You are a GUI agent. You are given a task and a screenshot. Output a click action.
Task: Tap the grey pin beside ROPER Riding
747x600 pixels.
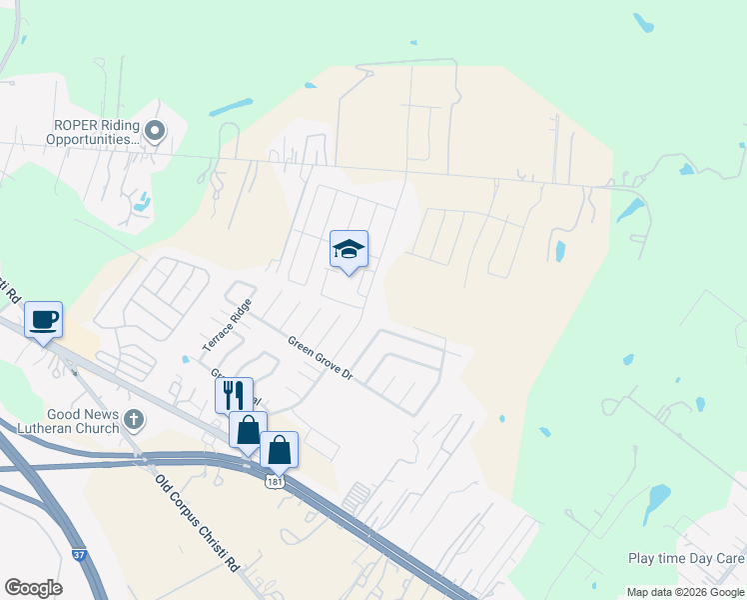pyautogui.click(x=155, y=130)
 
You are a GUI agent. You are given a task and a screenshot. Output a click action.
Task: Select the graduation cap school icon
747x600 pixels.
pyautogui.click(x=349, y=251)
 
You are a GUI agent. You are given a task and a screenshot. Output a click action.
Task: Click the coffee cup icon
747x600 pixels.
pyautogui.click(x=44, y=321)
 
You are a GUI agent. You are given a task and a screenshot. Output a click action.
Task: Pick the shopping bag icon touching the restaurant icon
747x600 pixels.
pyautogui.click(x=248, y=430)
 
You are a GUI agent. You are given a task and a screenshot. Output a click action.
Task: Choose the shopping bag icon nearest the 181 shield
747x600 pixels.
pyautogui.click(x=280, y=450)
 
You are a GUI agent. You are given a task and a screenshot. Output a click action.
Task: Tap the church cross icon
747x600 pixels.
pyautogui.click(x=134, y=421)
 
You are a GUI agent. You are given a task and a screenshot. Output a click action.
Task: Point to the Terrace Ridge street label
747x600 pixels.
pyautogui.click(x=226, y=325)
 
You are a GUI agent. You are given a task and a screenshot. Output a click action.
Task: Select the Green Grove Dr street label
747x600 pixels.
pyautogui.click(x=321, y=357)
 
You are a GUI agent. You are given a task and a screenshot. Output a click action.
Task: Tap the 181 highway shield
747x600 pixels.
pyautogui.click(x=273, y=482)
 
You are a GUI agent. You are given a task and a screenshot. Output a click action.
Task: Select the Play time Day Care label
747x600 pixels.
pyautogui.click(x=686, y=558)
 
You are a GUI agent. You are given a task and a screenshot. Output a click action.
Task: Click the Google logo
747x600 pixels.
pyautogui.click(x=33, y=588)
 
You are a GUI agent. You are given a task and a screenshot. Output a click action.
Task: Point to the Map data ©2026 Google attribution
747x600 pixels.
pyautogui.click(x=685, y=592)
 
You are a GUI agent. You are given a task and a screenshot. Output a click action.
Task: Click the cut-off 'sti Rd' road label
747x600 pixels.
pyautogui.click(x=10, y=290)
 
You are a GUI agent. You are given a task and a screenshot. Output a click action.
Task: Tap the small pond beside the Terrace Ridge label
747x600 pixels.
pyautogui.click(x=186, y=359)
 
